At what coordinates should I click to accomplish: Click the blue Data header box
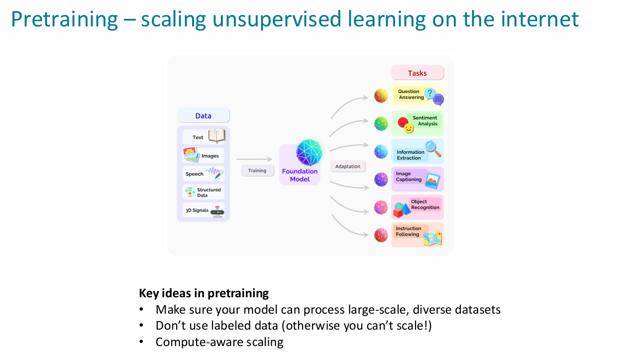tap(204, 116)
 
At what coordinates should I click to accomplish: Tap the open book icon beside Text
tap(216, 135)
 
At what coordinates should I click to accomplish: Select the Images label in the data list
tap(210, 156)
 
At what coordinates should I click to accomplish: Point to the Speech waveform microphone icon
tap(214, 173)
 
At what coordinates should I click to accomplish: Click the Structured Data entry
tap(208, 192)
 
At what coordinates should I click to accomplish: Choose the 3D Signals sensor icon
tap(217, 211)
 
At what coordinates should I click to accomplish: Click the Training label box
tap(257, 170)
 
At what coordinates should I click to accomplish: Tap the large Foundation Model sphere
tap(309, 152)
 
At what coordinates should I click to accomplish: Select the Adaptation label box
tap(348, 166)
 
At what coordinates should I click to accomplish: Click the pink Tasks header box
tap(417, 73)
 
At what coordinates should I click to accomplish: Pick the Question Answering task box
tap(417, 96)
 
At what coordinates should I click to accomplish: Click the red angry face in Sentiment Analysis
tap(403, 121)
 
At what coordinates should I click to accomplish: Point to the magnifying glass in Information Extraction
tap(433, 148)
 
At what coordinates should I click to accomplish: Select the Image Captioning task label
tap(409, 177)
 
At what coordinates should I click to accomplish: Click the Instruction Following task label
tap(408, 232)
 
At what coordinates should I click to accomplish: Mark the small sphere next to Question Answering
tap(381, 96)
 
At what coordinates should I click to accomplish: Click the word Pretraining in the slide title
tap(64, 19)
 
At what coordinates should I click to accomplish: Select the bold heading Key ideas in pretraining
tap(204, 293)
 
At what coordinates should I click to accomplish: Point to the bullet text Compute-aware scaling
tap(219, 342)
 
